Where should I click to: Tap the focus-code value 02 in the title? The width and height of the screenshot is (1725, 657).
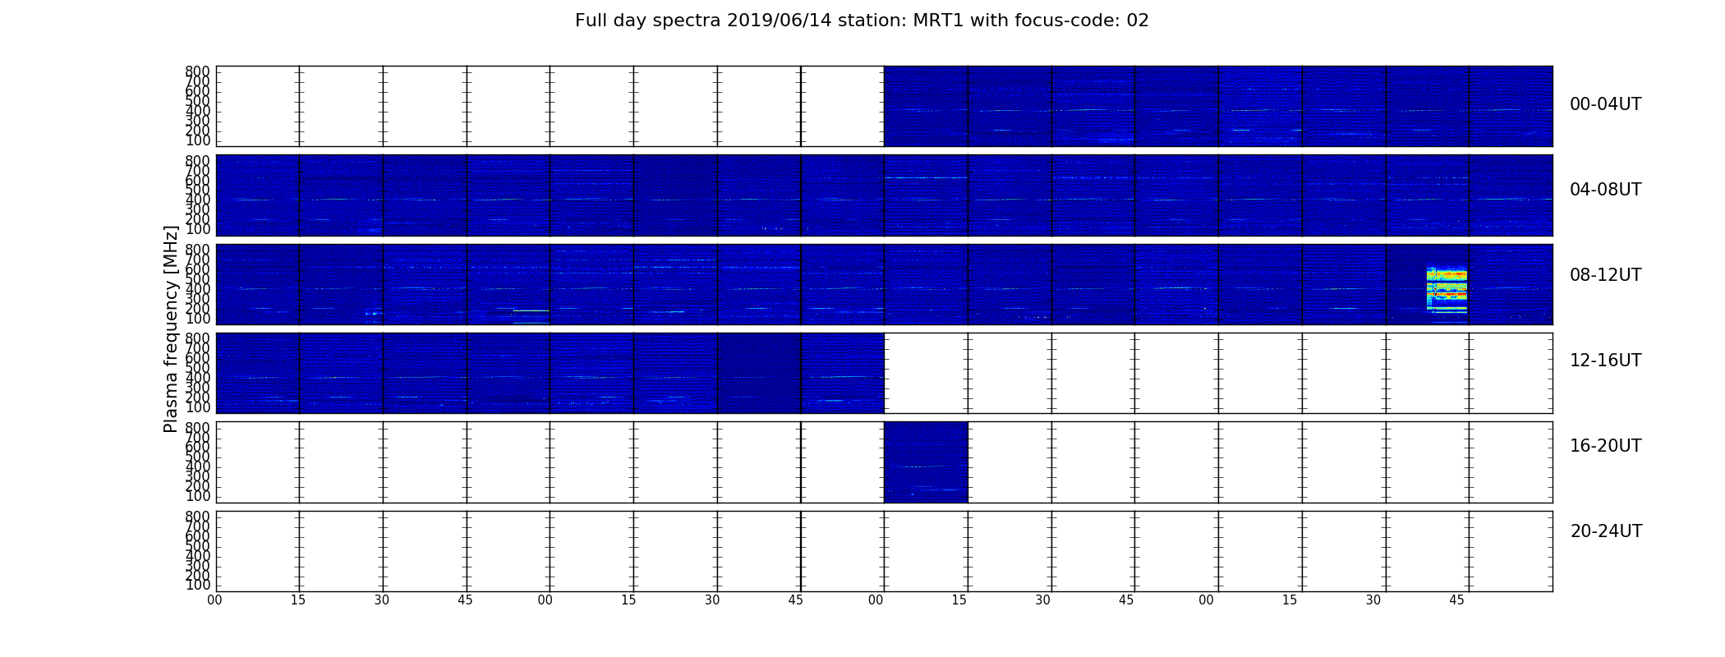click(1138, 21)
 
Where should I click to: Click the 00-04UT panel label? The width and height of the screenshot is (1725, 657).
click(1606, 104)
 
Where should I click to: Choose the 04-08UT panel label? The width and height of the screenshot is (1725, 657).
click(1606, 190)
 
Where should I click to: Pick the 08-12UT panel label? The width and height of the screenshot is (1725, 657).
click(1606, 275)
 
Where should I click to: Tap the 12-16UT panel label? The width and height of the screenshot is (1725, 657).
click(1606, 361)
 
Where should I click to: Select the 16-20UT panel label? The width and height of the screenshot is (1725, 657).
click(1606, 446)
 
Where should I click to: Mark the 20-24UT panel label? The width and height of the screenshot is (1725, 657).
click(1606, 531)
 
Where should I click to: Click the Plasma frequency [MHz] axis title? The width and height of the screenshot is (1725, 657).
click(171, 328)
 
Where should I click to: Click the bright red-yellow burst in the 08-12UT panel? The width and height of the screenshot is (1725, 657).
click(1447, 289)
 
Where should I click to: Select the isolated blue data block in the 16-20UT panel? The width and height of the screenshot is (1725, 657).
click(926, 462)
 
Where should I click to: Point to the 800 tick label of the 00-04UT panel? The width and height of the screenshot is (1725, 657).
click(198, 71)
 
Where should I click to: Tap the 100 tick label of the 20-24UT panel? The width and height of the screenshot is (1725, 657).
click(198, 585)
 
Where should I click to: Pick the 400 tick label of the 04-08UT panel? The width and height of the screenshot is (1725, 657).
click(198, 200)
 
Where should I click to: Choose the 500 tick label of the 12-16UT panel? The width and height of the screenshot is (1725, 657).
click(198, 368)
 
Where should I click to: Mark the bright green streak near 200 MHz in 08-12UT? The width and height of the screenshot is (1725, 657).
click(531, 310)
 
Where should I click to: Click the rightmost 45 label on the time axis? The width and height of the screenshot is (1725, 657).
click(1456, 600)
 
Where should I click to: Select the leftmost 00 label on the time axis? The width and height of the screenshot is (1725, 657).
click(214, 600)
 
